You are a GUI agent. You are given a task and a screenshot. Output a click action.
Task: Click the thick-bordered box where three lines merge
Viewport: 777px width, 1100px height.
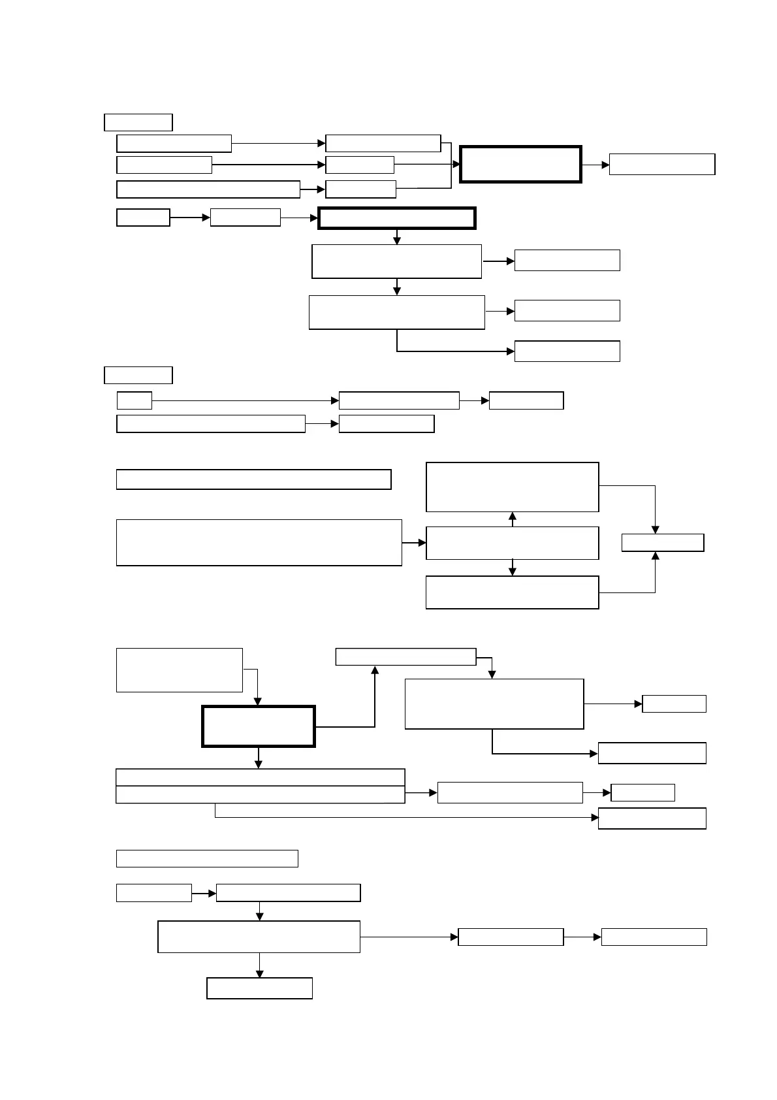pyautogui.click(x=520, y=164)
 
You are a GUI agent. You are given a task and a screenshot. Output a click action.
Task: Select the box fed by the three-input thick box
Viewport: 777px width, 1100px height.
pyautogui.click(x=662, y=164)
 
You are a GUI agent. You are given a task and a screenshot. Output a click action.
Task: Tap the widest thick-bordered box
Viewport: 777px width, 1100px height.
pyautogui.click(x=397, y=218)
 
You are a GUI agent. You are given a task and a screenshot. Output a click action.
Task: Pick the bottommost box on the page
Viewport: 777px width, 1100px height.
pyautogui.click(x=259, y=988)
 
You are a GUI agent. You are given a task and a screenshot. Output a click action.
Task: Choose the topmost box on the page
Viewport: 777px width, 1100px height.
pyautogui.click(x=138, y=122)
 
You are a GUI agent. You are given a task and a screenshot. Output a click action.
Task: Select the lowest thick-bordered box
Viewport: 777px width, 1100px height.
pyautogui.click(x=259, y=726)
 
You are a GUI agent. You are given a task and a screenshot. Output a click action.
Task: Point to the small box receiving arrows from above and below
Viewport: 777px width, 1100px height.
pyautogui.click(x=663, y=543)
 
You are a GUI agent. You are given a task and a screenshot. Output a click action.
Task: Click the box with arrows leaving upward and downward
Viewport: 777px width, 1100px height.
pyautogui.click(x=512, y=543)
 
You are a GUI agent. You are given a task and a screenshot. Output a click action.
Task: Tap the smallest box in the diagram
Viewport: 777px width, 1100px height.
pyautogui.click(x=135, y=400)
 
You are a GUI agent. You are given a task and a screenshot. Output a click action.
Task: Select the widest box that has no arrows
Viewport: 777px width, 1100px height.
pyautogui.click(x=253, y=479)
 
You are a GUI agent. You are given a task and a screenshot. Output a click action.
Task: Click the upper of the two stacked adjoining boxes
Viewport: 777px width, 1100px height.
pyautogui.click(x=260, y=777)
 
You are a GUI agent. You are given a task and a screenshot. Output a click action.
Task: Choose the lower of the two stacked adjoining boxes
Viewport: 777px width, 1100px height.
pyautogui.click(x=260, y=794)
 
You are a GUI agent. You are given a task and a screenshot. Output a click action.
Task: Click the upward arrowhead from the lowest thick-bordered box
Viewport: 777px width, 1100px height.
pyautogui.click(x=375, y=670)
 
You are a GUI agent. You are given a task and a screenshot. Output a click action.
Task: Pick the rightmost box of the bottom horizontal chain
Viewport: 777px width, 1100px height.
pyautogui.click(x=654, y=937)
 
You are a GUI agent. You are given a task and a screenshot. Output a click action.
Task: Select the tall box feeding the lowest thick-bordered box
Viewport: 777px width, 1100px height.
pyautogui.click(x=179, y=670)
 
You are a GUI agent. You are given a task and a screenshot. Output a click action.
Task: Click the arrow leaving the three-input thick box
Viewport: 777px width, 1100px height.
pyautogui.click(x=595, y=165)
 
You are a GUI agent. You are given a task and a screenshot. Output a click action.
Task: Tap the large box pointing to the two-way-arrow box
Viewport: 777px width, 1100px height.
pyautogui.click(x=259, y=542)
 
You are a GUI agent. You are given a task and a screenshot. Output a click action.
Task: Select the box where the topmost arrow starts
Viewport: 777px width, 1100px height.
pyautogui.click(x=174, y=143)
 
